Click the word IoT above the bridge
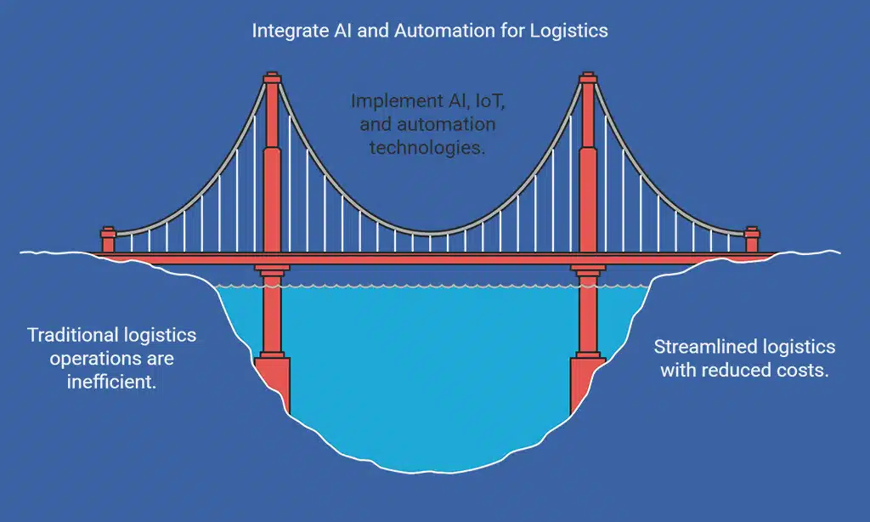[x=490, y=101]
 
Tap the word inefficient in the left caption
[x=111, y=382]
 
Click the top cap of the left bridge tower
[x=272, y=78]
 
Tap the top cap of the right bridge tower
[x=587, y=78]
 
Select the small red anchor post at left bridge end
[x=108, y=239]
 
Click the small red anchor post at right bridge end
[x=751, y=239]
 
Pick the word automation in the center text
[x=451, y=124]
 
